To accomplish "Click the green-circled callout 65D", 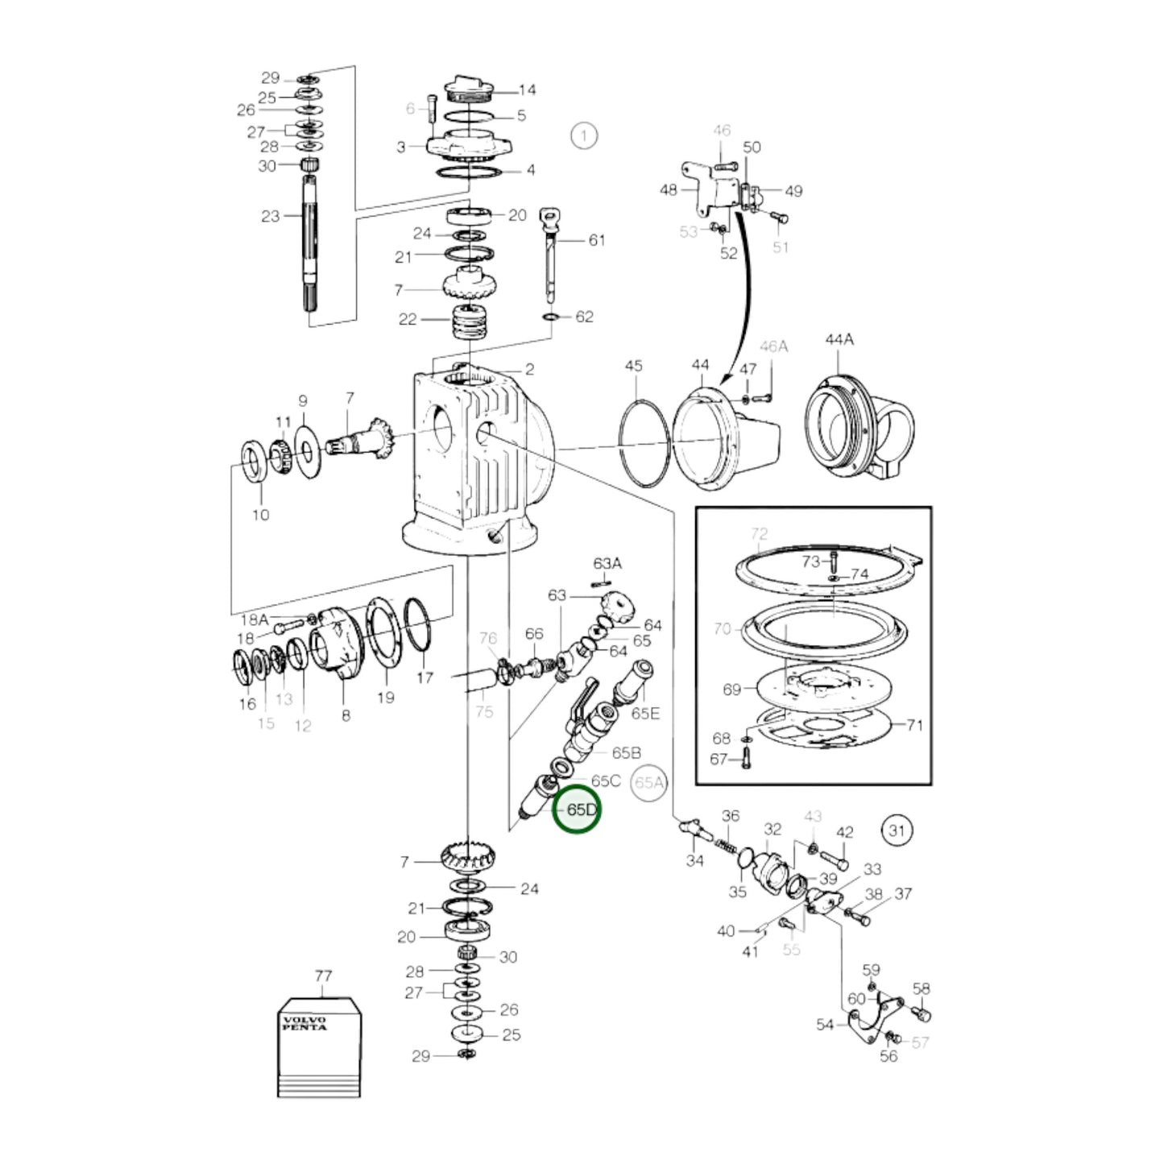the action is tap(576, 810).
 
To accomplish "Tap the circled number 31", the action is tap(897, 831).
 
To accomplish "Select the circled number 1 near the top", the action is tap(583, 136).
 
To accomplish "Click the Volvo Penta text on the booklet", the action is tap(304, 1023).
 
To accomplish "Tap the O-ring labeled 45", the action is tap(644, 441).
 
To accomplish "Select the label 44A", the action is tap(839, 339).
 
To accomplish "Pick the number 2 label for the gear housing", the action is tap(529, 369).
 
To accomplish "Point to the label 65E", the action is tap(645, 714).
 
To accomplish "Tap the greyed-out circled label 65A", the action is tap(648, 783).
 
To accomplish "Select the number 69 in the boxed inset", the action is tap(731, 690).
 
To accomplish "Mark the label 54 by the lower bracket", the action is tap(825, 1025).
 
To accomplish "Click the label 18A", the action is tap(254, 619).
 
